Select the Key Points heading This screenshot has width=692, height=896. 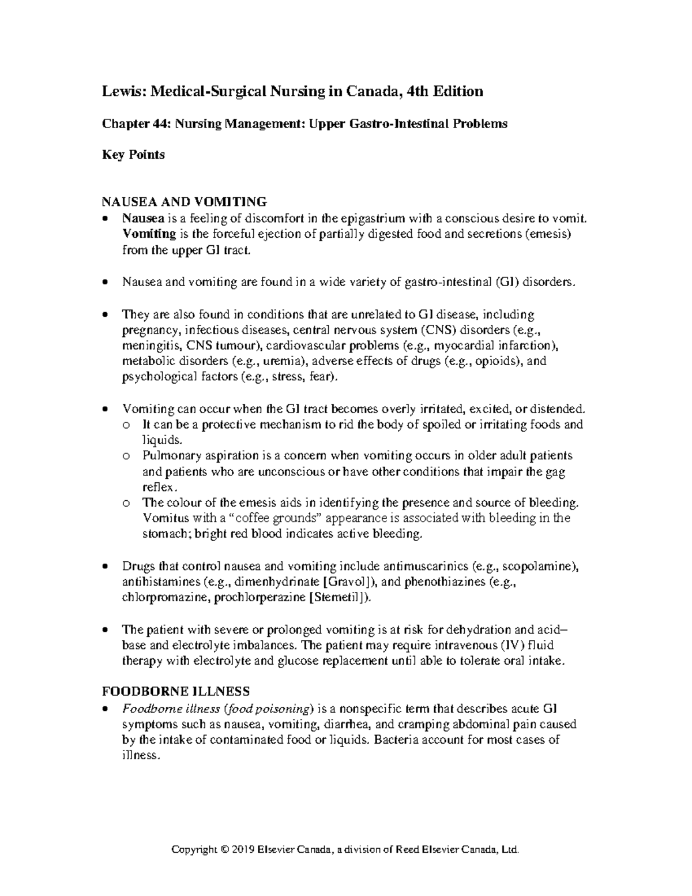click(x=133, y=155)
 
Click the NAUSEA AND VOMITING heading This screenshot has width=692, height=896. click(x=184, y=201)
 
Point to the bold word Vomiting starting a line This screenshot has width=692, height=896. click(x=149, y=234)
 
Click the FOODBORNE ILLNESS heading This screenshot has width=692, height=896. click(x=175, y=691)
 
